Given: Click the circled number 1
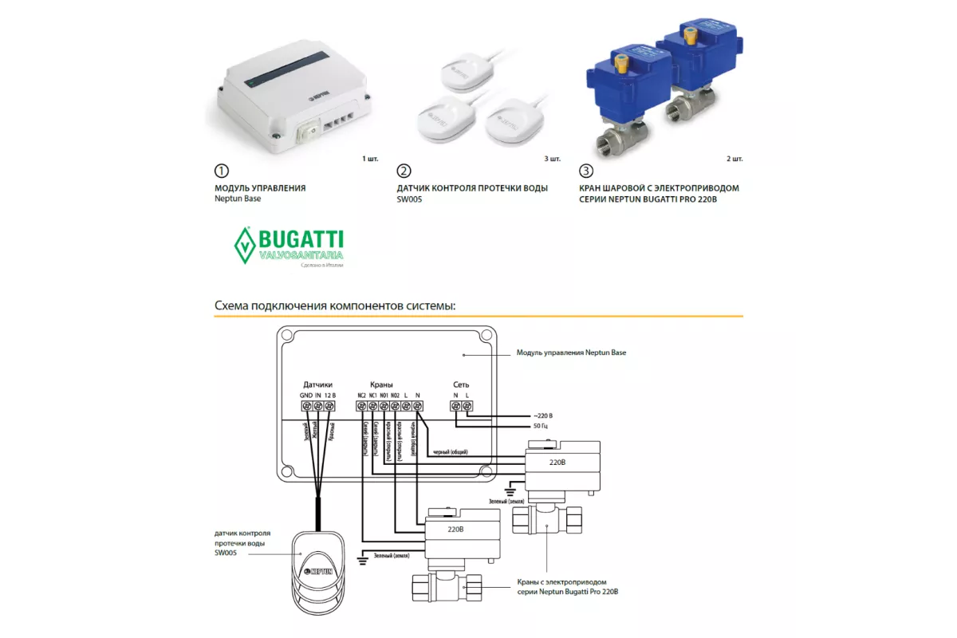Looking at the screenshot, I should tap(222, 171).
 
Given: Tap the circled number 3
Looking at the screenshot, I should tap(586, 171).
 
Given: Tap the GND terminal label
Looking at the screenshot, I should tap(307, 395).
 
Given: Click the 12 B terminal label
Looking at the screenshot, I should tap(329, 395).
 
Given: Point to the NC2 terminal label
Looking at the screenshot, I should tap(361, 395).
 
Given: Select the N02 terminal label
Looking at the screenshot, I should tap(395, 395).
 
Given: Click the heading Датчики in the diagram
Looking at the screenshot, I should tap(317, 384).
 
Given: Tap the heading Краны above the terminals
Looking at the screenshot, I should tap(381, 384).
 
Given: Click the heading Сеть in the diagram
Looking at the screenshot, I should tap(461, 384).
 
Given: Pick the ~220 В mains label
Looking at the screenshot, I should tap(541, 416).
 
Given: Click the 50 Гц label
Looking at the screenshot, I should tap(539, 427).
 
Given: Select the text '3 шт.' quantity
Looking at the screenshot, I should tap(552, 159).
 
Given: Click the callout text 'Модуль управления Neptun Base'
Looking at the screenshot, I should tap(571, 352).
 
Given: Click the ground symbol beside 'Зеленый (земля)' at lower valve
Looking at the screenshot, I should tap(362, 560).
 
